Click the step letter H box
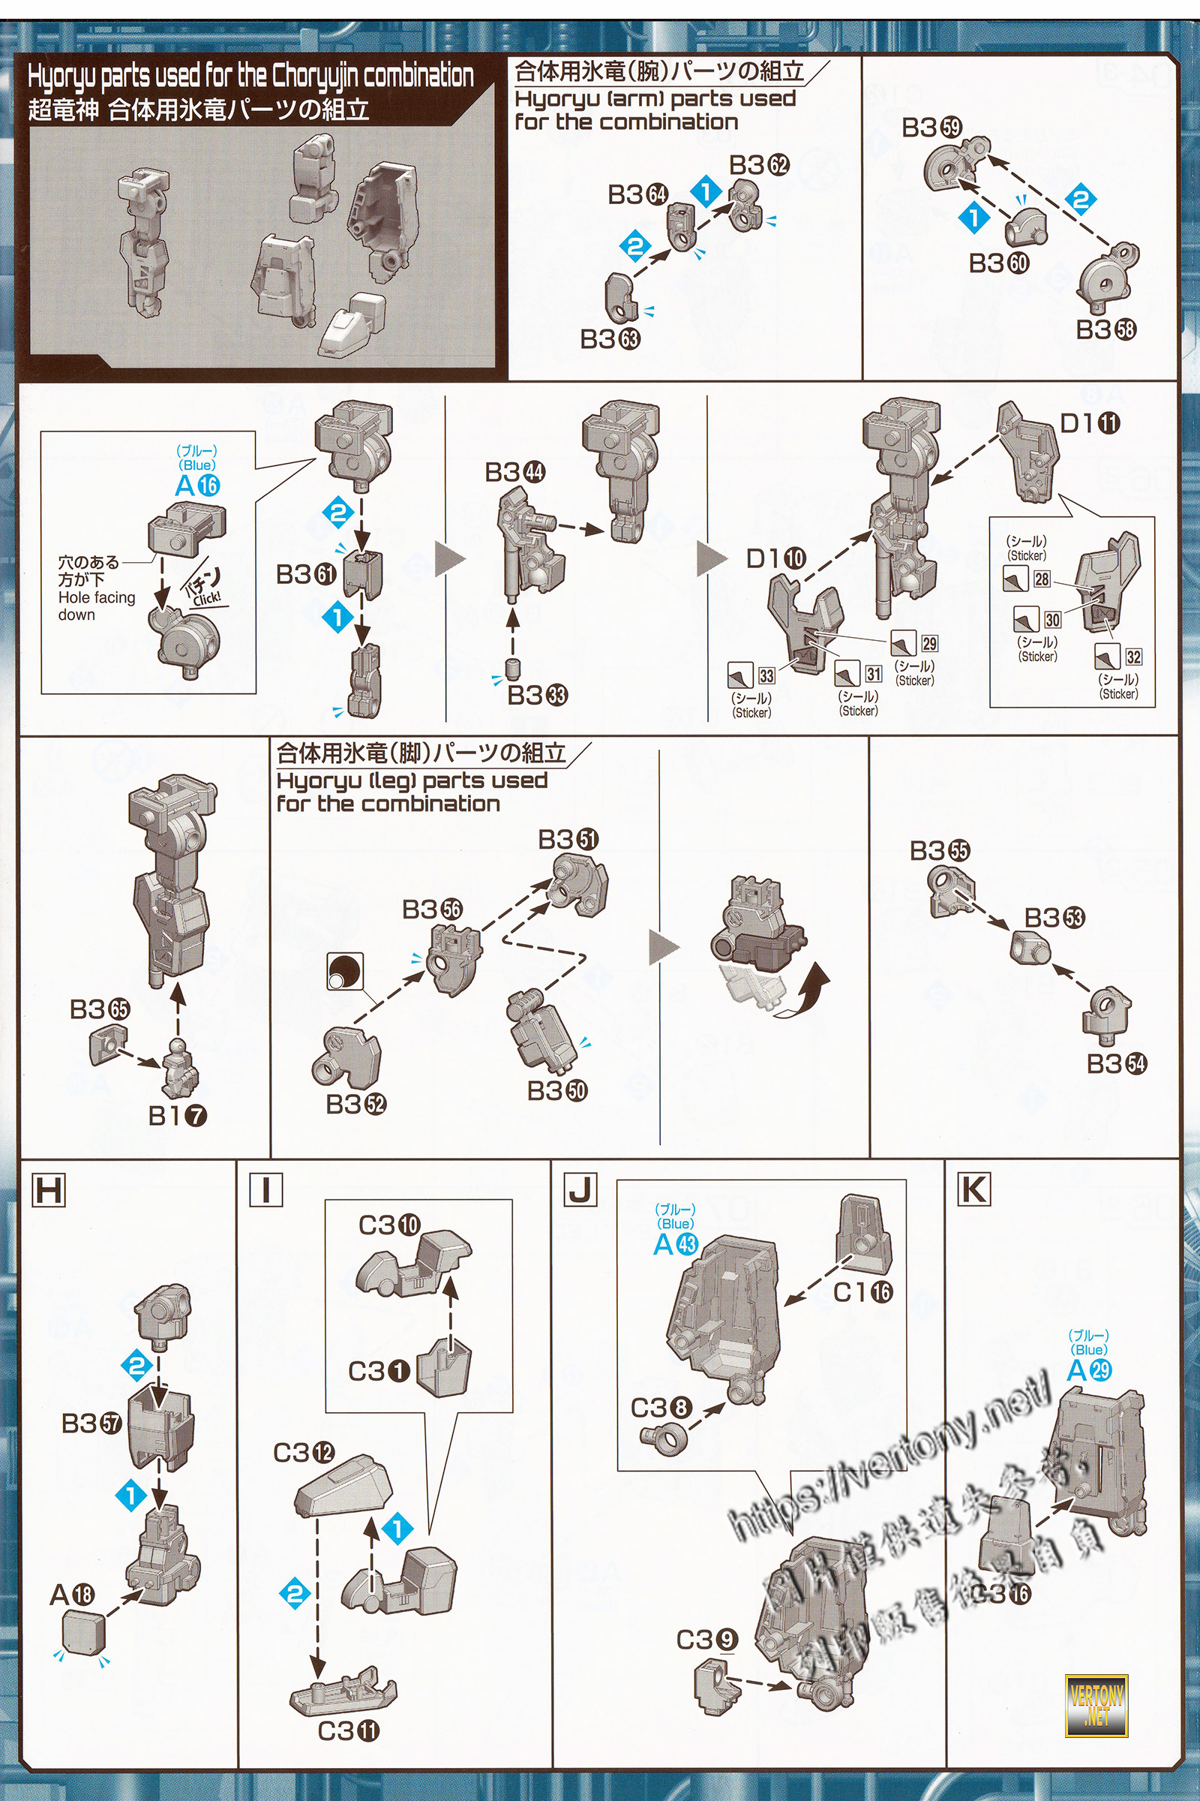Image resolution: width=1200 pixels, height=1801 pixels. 49,1191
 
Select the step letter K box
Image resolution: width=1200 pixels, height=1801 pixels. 973,1190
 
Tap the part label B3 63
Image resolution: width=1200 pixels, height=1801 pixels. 610,338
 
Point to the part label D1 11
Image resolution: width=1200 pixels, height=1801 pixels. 1090,422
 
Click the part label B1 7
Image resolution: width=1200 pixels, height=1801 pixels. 178,1116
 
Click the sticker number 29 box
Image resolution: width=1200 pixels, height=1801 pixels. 929,643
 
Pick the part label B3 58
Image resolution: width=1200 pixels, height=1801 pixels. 1105,329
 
